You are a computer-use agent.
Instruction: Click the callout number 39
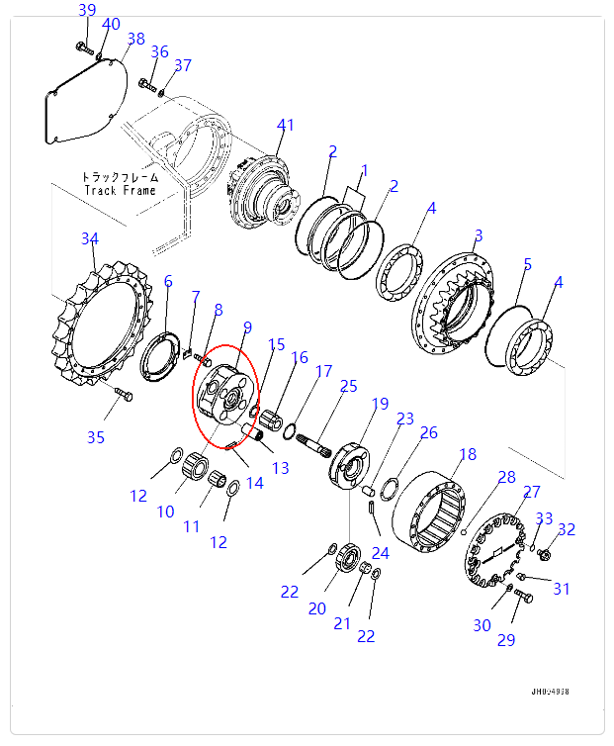(87, 10)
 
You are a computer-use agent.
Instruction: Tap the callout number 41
(286, 125)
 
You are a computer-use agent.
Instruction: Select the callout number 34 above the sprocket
(90, 239)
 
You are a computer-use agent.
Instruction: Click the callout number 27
(531, 492)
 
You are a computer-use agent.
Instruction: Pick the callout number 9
(247, 327)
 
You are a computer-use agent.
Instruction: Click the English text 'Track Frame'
(120, 190)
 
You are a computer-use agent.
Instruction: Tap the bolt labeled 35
(123, 397)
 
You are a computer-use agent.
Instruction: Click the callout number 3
(478, 235)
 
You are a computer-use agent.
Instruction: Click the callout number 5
(528, 264)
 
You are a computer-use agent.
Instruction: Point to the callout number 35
(95, 436)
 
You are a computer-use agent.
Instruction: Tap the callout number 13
(281, 468)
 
